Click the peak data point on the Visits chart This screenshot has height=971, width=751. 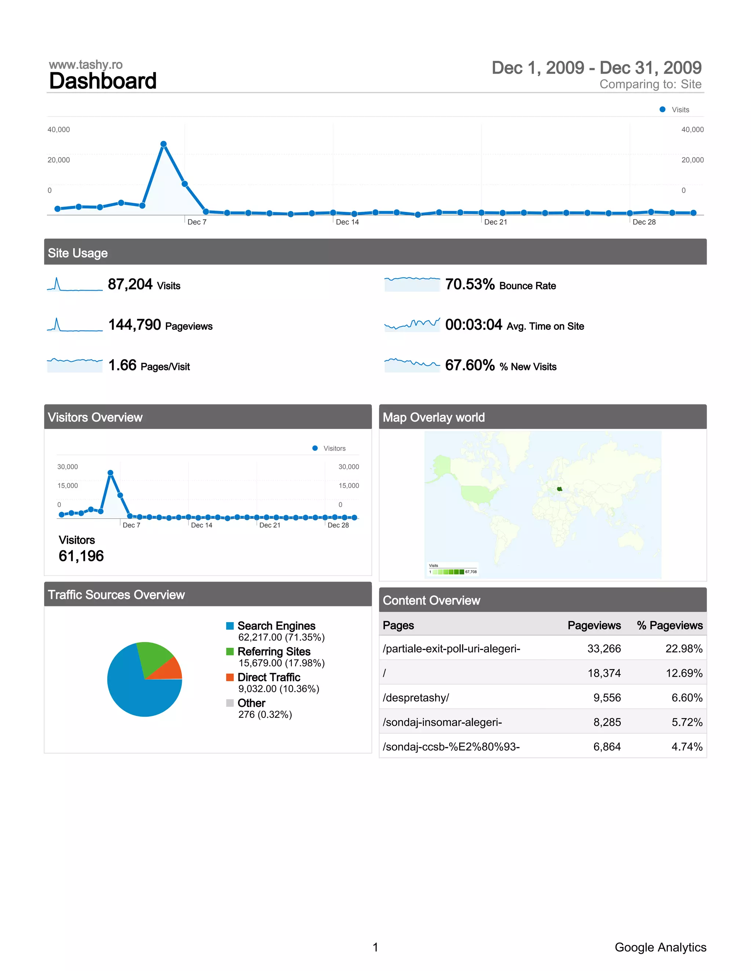pos(163,144)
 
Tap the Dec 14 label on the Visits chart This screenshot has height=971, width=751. pos(347,222)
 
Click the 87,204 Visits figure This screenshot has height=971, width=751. pos(130,284)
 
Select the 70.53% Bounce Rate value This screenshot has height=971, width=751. pos(470,284)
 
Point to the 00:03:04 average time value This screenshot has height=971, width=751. pos(473,325)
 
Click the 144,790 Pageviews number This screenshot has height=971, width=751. pos(134,325)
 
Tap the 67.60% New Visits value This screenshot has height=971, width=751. pos(470,365)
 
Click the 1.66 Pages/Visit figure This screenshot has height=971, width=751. pos(122,365)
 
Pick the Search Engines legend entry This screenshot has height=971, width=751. pos(276,626)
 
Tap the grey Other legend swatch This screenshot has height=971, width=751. pos(230,703)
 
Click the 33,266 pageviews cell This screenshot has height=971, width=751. pos(604,649)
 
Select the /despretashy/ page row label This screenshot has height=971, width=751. pos(415,698)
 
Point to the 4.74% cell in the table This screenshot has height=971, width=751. pos(686,746)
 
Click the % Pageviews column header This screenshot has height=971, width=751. pos(669,625)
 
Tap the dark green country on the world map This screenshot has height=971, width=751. pos(559,489)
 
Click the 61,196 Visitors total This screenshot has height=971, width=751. pos(81,556)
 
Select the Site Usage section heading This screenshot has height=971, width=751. pos(78,253)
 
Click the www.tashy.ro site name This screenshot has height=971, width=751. pos(85,65)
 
